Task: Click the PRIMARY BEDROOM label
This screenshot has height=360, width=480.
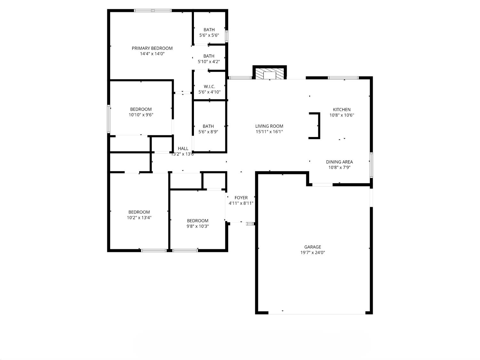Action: pyautogui.click(x=152, y=48)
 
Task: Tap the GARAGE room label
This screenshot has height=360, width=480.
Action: pyautogui.click(x=312, y=247)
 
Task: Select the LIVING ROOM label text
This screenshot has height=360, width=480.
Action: pyautogui.click(x=269, y=126)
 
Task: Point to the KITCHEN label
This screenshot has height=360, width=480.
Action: pyautogui.click(x=341, y=109)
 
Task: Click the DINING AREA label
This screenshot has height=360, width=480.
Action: pyautogui.click(x=339, y=162)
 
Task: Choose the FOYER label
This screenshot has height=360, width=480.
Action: pyautogui.click(x=241, y=198)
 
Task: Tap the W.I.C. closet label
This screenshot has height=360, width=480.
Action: pyautogui.click(x=209, y=87)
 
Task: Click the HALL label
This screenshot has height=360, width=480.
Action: pyautogui.click(x=183, y=148)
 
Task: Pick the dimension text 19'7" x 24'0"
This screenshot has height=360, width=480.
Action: pyautogui.click(x=312, y=252)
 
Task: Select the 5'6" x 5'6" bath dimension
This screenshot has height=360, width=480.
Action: pyautogui.click(x=209, y=35)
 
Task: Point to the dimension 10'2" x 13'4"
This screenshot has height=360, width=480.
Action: pyautogui.click(x=139, y=218)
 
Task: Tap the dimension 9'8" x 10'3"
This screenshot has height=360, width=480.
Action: pyautogui.click(x=197, y=226)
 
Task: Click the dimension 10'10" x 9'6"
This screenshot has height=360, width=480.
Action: pyautogui.click(x=141, y=115)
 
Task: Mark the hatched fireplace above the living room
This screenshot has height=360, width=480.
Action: pyautogui.click(x=269, y=73)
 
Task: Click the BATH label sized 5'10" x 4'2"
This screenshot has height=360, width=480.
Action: pyautogui.click(x=209, y=56)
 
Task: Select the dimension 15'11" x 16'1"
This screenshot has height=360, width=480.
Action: pyautogui.click(x=269, y=132)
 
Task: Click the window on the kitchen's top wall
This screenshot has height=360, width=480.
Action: pyautogui.click(x=343, y=78)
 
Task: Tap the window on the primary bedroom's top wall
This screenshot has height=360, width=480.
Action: pyautogui.click(x=153, y=11)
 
